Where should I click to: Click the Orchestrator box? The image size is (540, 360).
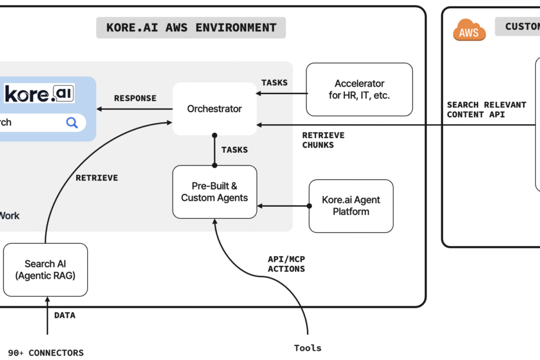pos(214,109)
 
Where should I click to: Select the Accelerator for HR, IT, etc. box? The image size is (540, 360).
pos(359,89)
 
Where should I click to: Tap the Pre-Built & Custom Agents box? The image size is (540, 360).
pos(214,192)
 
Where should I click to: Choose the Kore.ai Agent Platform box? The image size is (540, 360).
pos(351,206)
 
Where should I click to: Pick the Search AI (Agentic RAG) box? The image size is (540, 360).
pos(45,269)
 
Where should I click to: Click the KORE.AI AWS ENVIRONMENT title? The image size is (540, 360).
pos(191,27)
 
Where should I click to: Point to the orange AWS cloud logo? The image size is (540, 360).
pos(469,30)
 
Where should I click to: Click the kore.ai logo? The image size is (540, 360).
pos(39,93)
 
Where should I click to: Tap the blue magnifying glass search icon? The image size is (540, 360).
pos(72,123)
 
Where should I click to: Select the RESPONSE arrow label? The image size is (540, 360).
pos(135,98)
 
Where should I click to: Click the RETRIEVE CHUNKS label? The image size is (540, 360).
pos(323,140)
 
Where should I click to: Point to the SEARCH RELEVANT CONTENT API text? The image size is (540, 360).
pos(486,110)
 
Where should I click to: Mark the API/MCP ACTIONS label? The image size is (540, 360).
pos(286,264)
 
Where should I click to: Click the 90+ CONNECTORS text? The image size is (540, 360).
pos(46,352)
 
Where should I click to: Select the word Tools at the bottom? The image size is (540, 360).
pos(308,348)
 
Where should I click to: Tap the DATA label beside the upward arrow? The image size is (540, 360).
pos(64,315)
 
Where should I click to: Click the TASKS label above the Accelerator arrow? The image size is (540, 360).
pos(274,82)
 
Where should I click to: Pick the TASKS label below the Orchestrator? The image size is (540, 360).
pos(235,150)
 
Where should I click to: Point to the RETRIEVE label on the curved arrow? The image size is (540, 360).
pos(96,178)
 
